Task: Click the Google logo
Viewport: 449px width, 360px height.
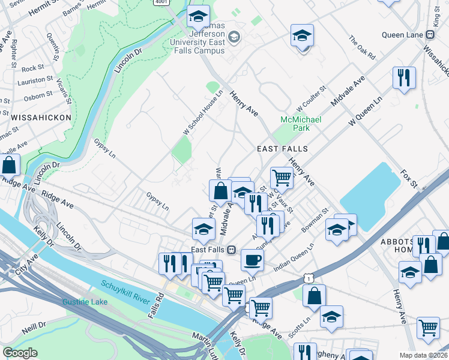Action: click(20, 353)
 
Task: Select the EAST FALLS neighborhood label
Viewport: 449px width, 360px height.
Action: click(282, 149)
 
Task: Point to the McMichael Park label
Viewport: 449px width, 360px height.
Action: click(301, 124)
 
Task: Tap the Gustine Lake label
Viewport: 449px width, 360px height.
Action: click(85, 301)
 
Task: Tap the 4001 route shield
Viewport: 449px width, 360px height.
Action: click(160, 2)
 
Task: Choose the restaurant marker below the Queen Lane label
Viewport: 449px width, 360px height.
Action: click(403, 77)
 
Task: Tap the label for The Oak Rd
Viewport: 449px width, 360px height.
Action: click(362, 47)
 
